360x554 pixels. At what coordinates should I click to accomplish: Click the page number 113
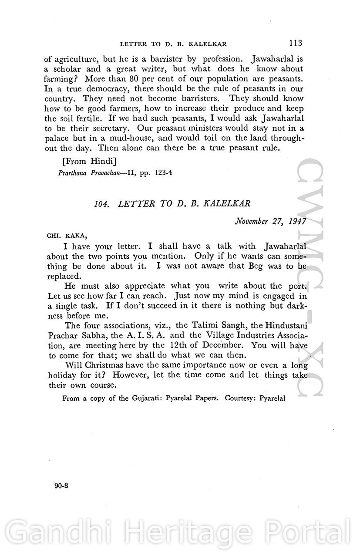[295, 43]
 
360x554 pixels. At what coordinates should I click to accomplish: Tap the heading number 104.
[101, 205]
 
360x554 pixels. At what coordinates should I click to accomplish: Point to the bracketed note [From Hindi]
[90, 161]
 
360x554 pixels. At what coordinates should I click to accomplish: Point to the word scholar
[70, 69]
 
